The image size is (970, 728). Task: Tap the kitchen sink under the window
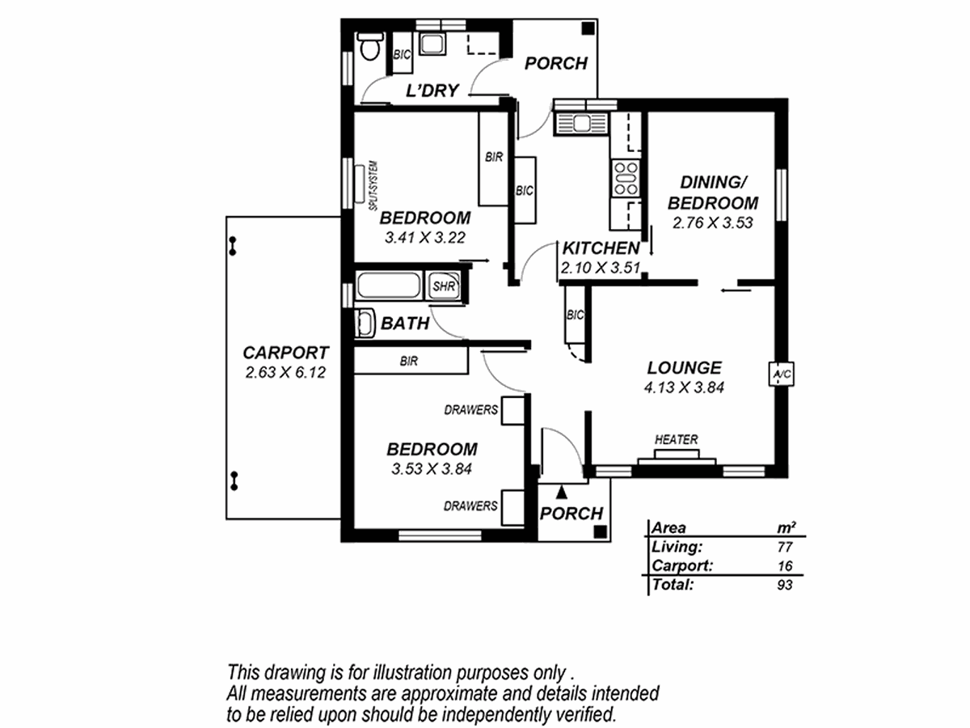point(581,123)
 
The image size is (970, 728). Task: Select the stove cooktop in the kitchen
point(626,179)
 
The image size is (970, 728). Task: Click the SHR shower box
point(443,286)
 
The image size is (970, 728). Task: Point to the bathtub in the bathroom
point(389,286)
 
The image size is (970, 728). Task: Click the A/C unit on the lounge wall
point(782,374)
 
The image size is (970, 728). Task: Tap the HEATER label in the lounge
point(676,439)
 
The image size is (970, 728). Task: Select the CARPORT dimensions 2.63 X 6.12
point(285,373)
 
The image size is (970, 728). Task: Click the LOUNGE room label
point(684,368)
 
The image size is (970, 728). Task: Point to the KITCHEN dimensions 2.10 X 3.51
point(600,268)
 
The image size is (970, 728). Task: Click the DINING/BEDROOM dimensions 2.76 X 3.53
point(712,222)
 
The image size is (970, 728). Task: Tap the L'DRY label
point(432,91)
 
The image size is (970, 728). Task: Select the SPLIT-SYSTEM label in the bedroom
point(374,186)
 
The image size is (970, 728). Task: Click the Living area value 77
point(785,548)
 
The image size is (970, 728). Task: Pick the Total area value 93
point(785,585)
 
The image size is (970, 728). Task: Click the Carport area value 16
point(785,565)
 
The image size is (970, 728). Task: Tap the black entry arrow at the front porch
point(561,492)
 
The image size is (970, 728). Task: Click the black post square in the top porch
point(588,29)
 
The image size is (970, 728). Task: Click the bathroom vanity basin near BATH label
point(365,323)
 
